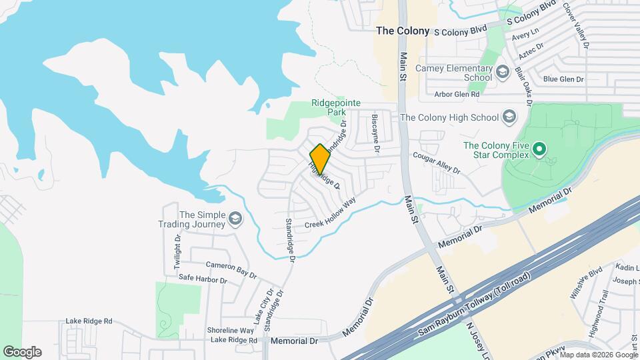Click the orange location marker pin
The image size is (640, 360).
tap(320, 159)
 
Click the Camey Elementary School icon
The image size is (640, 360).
tap(502, 71)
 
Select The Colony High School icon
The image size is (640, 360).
tap(509, 117)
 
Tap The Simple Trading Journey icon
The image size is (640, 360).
tap(235, 219)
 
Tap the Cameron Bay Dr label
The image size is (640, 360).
tap(231, 269)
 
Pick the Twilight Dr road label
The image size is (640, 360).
tap(177, 251)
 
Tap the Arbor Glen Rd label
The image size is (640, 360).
tap(457, 95)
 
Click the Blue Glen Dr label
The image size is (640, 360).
tap(563, 79)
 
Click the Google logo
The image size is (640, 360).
tap(22, 352)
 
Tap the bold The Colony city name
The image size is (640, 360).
tap(402, 31)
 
